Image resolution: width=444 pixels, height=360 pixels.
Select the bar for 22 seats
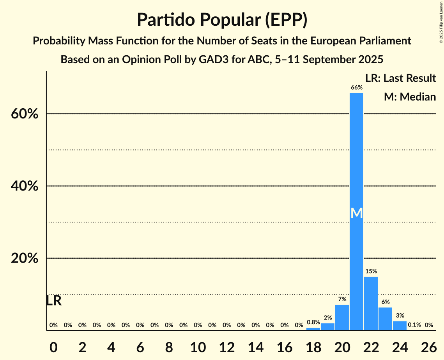coord(371,304)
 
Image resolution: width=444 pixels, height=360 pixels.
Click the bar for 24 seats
coord(400,326)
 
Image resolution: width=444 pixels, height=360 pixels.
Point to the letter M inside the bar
coord(356,213)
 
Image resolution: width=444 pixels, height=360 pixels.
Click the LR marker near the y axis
coord(54,301)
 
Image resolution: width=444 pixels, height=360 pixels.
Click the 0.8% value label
coord(313,322)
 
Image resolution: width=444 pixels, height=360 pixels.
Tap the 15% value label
coord(371,271)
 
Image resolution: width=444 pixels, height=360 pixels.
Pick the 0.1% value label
coord(414,325)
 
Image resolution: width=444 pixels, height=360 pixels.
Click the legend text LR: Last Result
coord(400,78)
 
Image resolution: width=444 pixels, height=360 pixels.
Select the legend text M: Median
coord(410,97)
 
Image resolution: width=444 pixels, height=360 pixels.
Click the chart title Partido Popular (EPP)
coord(222,20)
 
